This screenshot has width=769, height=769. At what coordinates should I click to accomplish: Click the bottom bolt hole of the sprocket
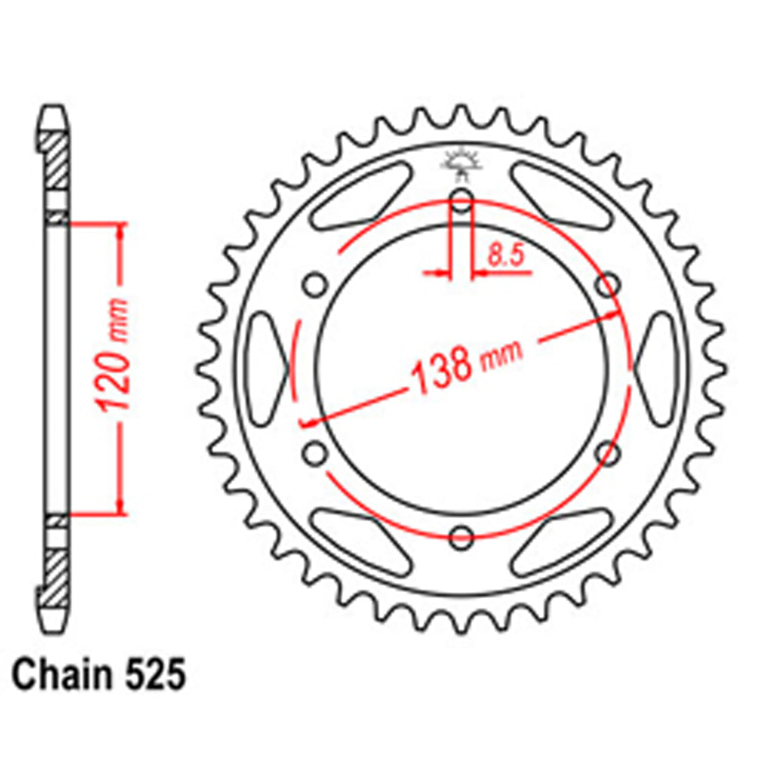tap(461, 537)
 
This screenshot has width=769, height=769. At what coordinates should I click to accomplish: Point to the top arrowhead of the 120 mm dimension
tap(119, 231)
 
